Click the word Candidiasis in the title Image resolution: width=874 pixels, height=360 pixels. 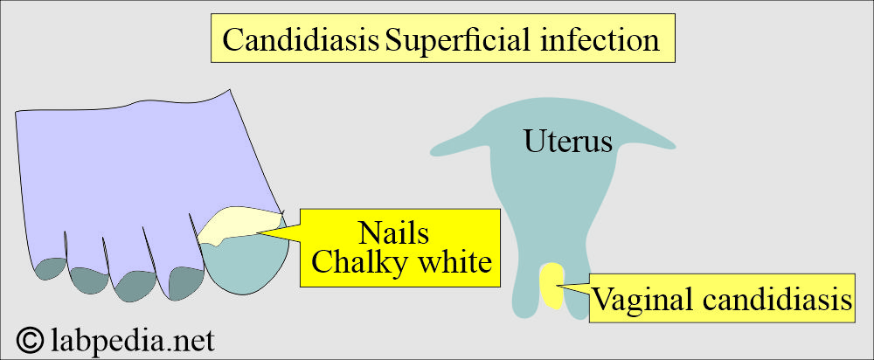[x=301, y=39]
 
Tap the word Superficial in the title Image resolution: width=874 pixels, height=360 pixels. [x=461, y=39]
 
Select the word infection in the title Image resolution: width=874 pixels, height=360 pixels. [x=600, y=39]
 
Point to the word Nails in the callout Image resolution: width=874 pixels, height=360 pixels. [x=393, y=233]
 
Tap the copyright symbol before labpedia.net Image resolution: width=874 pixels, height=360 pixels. [x=30, y=340]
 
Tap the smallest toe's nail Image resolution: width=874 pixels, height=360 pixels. [x=49, y=268]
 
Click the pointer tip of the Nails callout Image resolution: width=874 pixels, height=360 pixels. [x=258, y=233]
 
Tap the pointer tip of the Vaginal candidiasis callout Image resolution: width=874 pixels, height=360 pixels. [x=558, y=287]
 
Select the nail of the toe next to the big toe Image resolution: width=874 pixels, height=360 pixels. [x=187, y=283]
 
